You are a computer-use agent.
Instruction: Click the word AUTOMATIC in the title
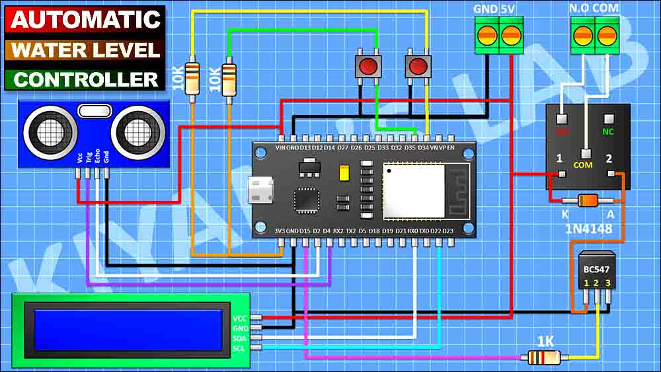tap(86, 19)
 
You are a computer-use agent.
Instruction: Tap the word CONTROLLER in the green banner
tap(86, 79)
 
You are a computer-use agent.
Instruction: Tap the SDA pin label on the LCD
tap(239, 337)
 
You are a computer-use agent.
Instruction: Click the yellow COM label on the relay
tap(582, 165)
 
